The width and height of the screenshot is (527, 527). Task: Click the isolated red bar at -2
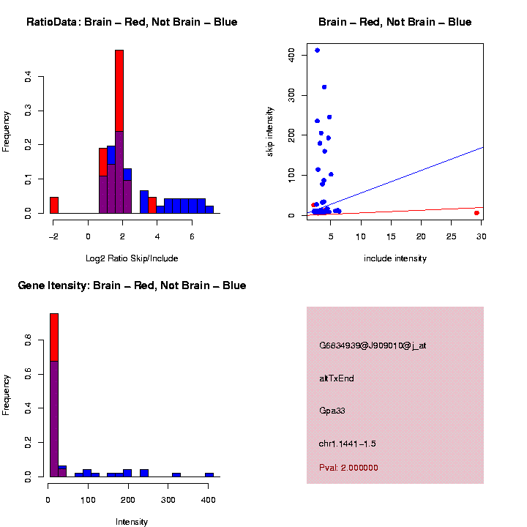point(54,205)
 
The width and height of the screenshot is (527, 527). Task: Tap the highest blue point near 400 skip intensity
point(317,51)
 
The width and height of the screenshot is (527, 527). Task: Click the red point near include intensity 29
point(476,213)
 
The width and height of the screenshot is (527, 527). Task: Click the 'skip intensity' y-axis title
point(270,130)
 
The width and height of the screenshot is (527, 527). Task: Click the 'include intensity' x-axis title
point(395,258)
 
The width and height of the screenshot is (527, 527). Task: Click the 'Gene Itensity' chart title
point(132,285)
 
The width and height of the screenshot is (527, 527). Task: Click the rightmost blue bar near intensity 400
point(209,474)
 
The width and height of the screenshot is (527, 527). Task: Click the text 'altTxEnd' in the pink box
point(337,378)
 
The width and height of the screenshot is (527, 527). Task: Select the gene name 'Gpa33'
point(332,411)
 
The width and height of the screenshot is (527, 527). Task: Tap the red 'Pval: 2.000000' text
point(348,468)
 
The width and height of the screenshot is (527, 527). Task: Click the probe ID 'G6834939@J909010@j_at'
point(373,345)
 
